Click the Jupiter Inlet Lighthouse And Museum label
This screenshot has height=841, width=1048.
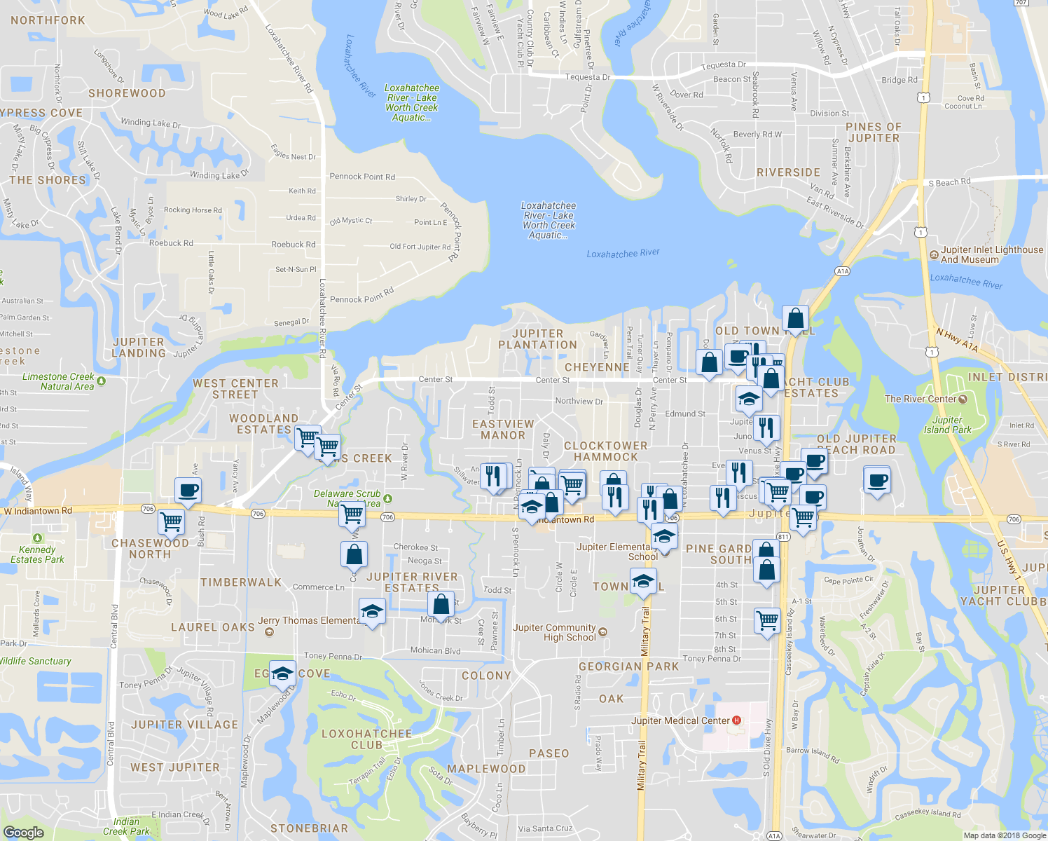[991, 254]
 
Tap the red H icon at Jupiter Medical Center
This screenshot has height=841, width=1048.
[736, 720]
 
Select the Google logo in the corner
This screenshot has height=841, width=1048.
[23, 832]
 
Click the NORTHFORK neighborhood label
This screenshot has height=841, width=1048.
[48, 20]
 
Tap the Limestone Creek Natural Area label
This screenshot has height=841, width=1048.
[58, 381]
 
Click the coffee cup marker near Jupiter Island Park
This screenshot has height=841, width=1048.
[877, 481]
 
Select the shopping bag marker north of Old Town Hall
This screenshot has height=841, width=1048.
[796, 319]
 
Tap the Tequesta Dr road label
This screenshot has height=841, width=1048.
[724, 65]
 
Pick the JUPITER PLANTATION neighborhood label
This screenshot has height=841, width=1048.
[537, 339]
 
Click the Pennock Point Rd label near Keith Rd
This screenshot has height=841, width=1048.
[362, 177]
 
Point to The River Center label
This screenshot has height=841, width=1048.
[921, 399]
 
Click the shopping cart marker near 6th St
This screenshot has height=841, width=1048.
[767, 620]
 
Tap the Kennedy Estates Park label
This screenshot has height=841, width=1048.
[37, 554]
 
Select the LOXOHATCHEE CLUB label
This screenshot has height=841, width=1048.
[366, 739]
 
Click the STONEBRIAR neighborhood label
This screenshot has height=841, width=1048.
[309, 828]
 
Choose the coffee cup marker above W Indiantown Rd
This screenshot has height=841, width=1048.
[188, 491]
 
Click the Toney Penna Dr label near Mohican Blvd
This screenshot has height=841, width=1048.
[333, 657]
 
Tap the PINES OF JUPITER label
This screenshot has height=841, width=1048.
[873, 132]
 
